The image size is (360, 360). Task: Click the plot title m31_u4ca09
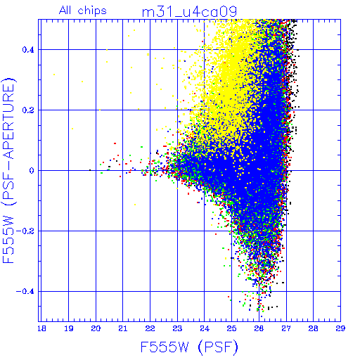189,12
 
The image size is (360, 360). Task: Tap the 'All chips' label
83,11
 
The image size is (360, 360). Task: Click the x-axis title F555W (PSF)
189,347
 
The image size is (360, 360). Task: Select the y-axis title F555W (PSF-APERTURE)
9,171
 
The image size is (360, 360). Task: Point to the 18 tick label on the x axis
41,328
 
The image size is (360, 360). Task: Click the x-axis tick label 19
69,328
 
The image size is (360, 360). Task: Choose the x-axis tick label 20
96,328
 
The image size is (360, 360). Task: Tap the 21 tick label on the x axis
123,328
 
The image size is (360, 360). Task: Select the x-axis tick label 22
150,328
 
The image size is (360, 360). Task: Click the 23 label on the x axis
177,328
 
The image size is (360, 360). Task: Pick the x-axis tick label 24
205,328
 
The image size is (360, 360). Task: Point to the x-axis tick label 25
231,328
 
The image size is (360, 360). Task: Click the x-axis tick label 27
286,328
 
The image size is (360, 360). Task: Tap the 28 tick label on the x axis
313,328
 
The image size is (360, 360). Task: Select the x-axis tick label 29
340,328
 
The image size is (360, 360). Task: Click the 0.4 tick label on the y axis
28,50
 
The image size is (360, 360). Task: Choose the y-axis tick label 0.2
28,110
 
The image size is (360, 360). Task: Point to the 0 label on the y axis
32,171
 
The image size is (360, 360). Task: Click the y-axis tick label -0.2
25,231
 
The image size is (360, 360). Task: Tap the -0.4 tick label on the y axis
25,292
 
